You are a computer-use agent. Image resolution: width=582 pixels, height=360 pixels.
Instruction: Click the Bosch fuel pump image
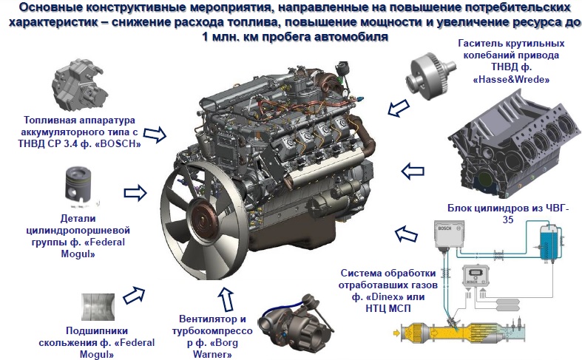click(79, 85)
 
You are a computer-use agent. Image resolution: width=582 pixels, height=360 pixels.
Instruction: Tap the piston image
click(79, 188)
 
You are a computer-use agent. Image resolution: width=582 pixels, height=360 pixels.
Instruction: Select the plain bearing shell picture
click(98, 308)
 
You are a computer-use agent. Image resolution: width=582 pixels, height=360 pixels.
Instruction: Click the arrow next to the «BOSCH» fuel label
click(155, 134)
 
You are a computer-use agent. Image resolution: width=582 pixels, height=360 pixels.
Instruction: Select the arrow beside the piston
click(135, 193)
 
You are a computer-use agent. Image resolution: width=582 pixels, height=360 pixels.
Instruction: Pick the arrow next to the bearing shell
click(134, 295)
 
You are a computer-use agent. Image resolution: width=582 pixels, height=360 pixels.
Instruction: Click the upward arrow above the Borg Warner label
click(226, 299)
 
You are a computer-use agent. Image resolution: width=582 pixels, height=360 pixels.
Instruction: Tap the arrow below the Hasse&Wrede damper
click(399, 108)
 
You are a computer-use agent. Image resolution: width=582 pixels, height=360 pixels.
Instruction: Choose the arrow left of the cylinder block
click(413, 171)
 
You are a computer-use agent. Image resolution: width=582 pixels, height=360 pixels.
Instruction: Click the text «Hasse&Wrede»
click(511, 79)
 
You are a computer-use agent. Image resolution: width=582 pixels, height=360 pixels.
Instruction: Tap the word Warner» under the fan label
click(212, 354)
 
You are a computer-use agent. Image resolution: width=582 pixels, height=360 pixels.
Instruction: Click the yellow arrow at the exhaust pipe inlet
click(397, 333)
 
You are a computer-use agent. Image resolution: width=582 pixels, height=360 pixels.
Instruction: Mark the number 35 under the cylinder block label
click(508, 220)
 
